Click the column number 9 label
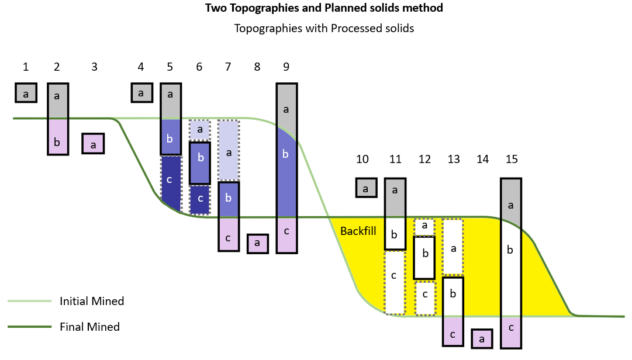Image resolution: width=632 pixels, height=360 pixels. tap(286, 67)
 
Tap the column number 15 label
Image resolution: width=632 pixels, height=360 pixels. tap(512, 159)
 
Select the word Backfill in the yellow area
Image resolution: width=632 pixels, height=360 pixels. tap(358, 231)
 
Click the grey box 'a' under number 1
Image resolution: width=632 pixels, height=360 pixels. tap(26, 93)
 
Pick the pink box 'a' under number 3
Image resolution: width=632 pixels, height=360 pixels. tap(93, 144)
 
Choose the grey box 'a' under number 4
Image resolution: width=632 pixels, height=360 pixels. tap(141, 92)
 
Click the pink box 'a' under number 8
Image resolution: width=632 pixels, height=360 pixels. tap(257, 243)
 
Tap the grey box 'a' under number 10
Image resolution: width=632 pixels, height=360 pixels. tap(366, 188)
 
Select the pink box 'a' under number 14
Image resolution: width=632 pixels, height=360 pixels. tap(481, 338)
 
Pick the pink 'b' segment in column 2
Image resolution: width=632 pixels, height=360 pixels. tap(57, 141)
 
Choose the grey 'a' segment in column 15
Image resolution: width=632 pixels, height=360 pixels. tap(511, 205)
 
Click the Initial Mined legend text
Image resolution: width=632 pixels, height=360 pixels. tap(92, 302)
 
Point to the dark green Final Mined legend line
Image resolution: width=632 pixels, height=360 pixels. tap(29, 327)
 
